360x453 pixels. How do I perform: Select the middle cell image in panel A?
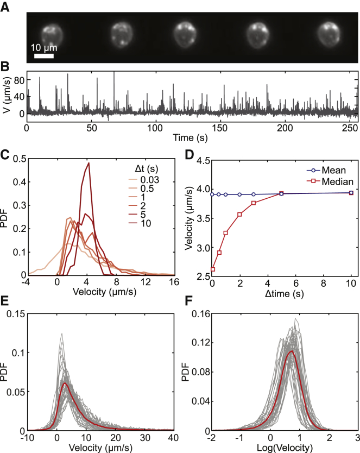click(188, 35)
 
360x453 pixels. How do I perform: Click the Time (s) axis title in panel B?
click(192, 136)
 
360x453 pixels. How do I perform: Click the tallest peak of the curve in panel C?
click(88, 163)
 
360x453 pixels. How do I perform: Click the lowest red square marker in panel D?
click(213, 269)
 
